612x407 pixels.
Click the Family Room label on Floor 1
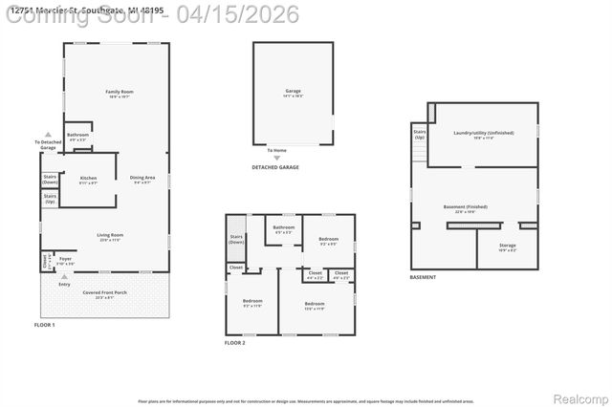[x=119, y=93]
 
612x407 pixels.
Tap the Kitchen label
[x=88, y=179]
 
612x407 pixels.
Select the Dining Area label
[x=143, y=179]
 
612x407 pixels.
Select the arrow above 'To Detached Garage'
[x=48, y=135]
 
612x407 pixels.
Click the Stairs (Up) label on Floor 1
[x=50, y=200]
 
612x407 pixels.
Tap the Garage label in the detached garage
[x=293, y=92]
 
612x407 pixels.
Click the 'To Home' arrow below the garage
[x=276, y=144]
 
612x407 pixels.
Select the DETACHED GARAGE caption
[x=274, y=167]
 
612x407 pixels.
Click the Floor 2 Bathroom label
[x=284, y=228]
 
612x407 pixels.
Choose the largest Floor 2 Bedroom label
[x=314, y=305]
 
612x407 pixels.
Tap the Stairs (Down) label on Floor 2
[x=237, y=239]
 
